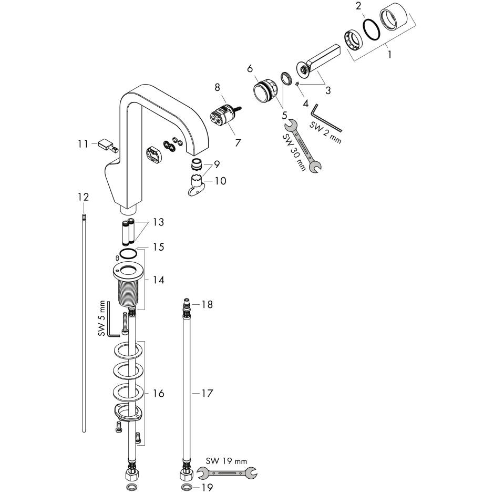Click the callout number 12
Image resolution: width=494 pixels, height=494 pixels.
(83, 197)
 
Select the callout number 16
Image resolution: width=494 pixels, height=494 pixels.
(158, 393)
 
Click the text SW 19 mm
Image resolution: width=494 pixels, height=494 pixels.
(227, 461)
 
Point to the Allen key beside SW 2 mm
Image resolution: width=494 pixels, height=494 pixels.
(326, 119)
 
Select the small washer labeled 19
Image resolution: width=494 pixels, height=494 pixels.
(186, 488)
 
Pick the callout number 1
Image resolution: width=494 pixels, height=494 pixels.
(389, 54)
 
